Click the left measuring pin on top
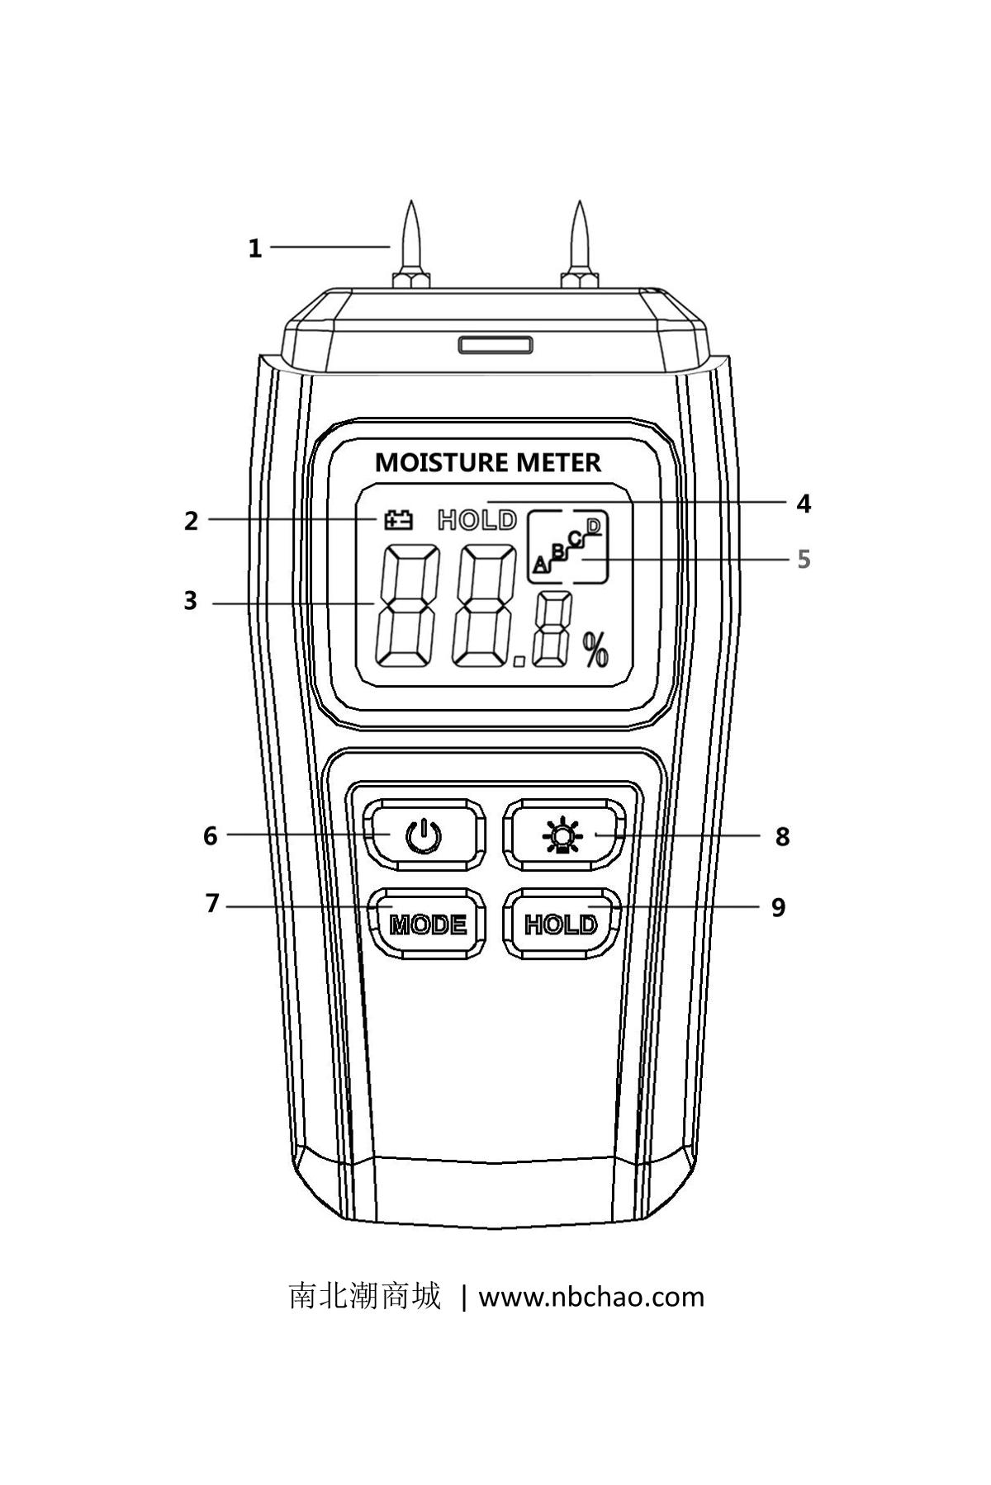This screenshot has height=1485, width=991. point(412,244)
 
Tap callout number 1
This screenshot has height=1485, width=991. point(255,248)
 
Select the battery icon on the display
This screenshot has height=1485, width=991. point(397,519)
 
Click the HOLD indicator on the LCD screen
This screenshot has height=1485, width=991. point(477,520)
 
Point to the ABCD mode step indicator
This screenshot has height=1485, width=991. point(568,546)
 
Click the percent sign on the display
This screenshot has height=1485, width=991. point(595,650)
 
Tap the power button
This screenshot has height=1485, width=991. point(424,835)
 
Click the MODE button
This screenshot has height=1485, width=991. point(427,925)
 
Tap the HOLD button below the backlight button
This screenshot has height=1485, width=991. point(562,925)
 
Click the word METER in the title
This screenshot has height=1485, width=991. point(558,463)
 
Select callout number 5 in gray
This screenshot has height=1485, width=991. point(803,560)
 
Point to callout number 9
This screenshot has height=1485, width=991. point(778,908)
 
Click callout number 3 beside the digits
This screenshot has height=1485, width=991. point(191,601)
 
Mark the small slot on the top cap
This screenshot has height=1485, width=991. point(495,344)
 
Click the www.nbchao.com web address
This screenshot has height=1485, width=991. point(591,1297)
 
